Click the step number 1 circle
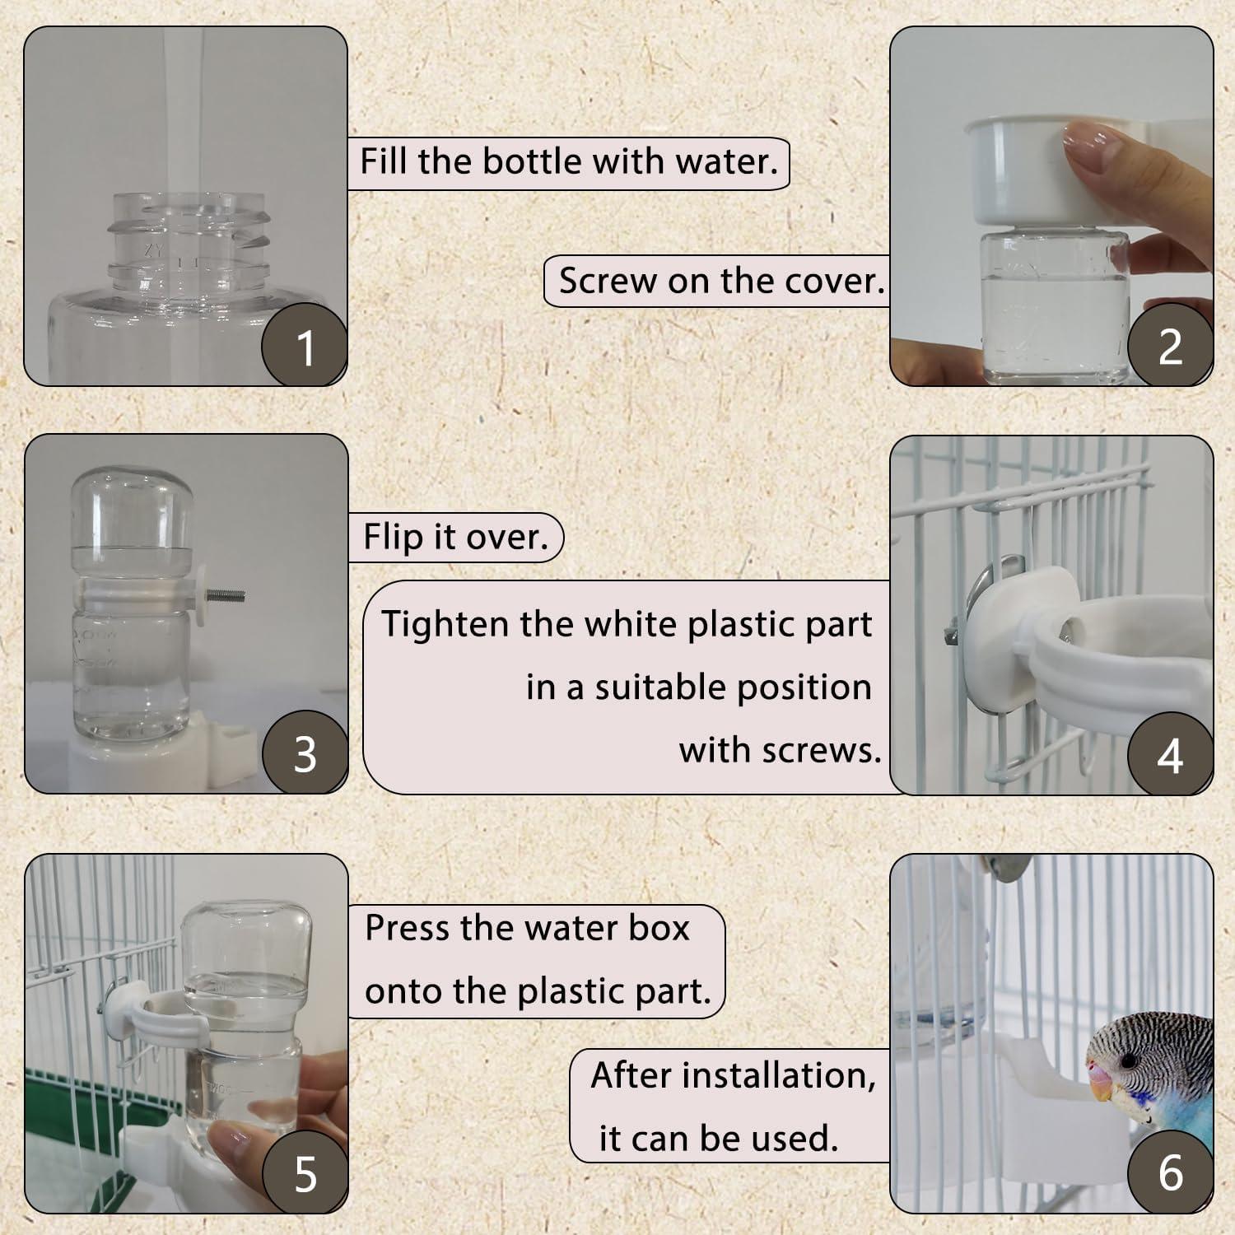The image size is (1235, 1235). [x=304, y=346]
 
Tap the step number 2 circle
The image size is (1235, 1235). [x=1170, y=346]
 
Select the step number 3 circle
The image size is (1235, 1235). [x=305, y=753]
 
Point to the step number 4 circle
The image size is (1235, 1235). [x=1170, y=754]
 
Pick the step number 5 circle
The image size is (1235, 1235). [x=305, y=1172]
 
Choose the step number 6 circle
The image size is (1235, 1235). [x=1170, y=1171]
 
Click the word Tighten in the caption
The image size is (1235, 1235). [x=445, y=624]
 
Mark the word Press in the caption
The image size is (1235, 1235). [x=408, y=928]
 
